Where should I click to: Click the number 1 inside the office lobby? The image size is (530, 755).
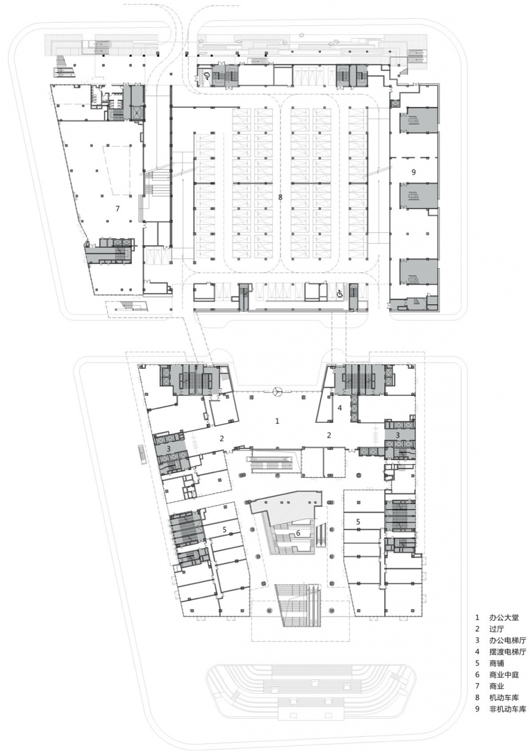277,421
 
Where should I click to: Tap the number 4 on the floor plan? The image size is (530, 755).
340,408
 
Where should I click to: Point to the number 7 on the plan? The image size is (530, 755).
118,209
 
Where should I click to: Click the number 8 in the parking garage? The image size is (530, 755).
280,198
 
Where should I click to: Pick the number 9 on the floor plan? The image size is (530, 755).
414,172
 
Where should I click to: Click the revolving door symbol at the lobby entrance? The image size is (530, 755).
277,391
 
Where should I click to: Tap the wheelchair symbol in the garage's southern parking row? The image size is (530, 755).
340,294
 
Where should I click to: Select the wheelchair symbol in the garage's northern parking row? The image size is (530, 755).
206,76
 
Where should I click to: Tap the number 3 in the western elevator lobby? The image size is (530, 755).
168,448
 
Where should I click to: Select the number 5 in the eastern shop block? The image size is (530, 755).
358,522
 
